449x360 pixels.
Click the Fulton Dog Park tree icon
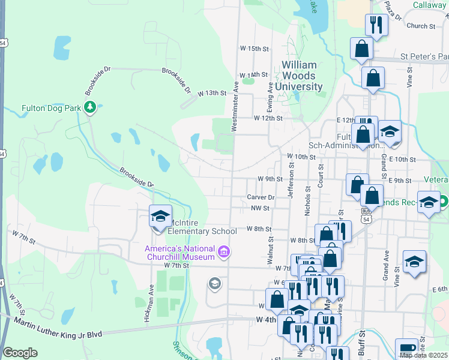click(x=90, y=108)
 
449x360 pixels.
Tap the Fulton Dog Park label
click(x=51, y=109)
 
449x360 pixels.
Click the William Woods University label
click(x=303, y=76)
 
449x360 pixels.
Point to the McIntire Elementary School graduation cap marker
click(x=160, y=217)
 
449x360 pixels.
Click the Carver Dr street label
click(x=261, y=197)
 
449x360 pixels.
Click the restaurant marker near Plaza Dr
click(x=376, y=25)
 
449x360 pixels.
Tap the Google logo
click(x=20, y=353)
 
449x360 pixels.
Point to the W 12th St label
click(x=268, y=118)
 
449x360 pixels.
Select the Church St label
click(x=421, y=26)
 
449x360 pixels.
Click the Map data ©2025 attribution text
click(x=423, y=355)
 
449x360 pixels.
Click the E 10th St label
click(x=402, y=160)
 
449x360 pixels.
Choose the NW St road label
click(x=261, y=208)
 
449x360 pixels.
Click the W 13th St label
click(x=214, y=93)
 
